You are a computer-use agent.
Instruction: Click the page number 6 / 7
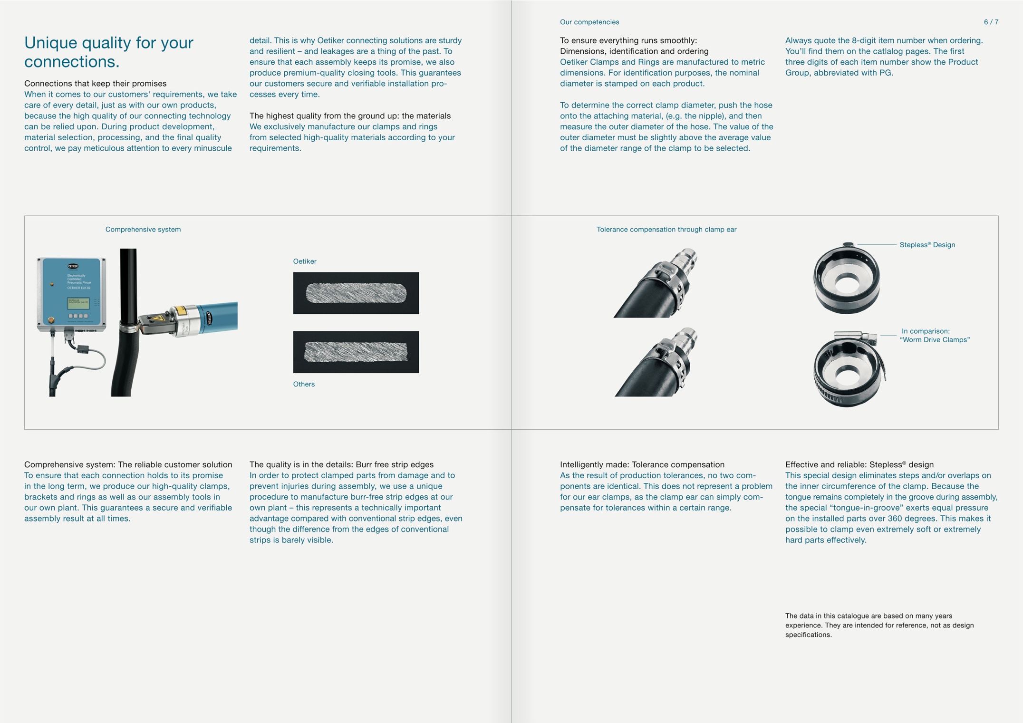(x=991, y=22)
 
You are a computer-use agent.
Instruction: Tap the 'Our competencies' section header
(x=589, y=22)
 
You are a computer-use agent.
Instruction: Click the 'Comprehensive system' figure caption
(x=143, y=229)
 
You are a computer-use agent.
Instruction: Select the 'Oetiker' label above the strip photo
(x=305, y=261)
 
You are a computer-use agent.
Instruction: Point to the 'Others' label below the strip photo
(x=304, y=384)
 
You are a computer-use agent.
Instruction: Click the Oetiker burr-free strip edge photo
(x=356, y=293)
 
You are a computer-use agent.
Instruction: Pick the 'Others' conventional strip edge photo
(x=356, y=352)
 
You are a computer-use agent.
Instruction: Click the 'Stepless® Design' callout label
(x=927, y=245)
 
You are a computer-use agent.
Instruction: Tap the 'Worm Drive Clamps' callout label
(x=935, y=335)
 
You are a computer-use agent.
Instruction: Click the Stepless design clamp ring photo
(x=846, y=279)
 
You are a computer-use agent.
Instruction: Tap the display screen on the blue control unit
(x=78, y=303)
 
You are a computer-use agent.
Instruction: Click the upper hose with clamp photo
(x=656, y=283)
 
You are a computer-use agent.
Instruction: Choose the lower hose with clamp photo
(x=656, y=362)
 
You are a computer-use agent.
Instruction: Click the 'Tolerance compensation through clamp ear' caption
(x=666, y=229)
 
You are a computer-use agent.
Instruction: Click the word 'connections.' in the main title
(x=72, y=62)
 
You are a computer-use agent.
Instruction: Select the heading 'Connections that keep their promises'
(x=96, y=83)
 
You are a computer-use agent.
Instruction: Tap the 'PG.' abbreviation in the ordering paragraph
(x=886, y=73)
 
